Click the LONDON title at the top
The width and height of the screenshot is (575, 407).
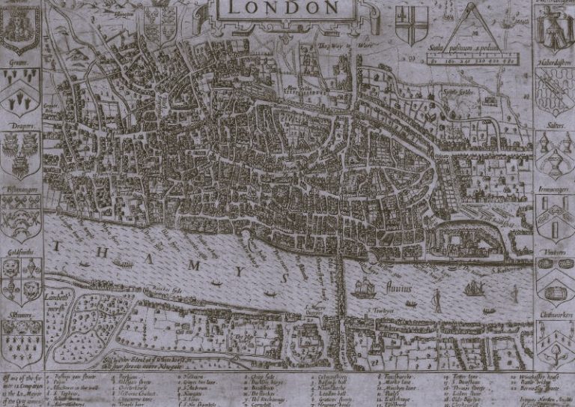coord(282,8)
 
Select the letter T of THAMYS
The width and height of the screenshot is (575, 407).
coord(57,247)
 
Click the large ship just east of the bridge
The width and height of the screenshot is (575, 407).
coord(364,287)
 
